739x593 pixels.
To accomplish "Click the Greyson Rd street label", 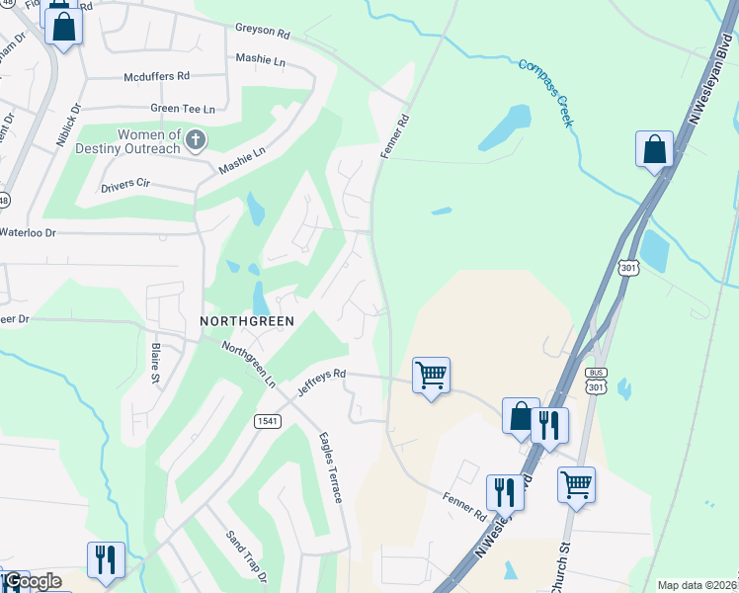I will (262, 31).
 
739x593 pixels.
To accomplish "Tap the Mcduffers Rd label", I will (156, 76).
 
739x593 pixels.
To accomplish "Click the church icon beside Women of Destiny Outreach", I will (196, 140).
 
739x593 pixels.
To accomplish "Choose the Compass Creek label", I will (546, 93).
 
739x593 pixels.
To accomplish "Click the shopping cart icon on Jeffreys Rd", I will (431, 376).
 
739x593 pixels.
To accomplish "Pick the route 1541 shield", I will (267, 420).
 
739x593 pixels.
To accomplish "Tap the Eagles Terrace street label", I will (330, 467).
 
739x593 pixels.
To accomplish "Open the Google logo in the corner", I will (33, 581).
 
